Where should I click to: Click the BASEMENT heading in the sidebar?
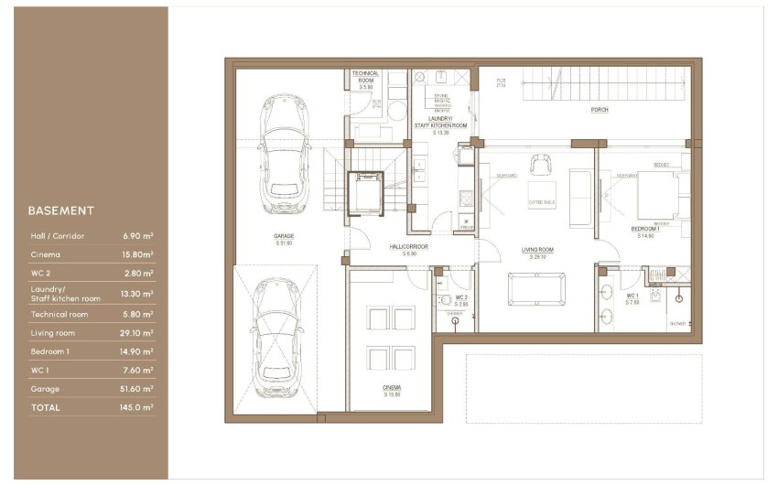(x=60, y=210)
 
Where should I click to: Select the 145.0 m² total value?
(x=138, y=407)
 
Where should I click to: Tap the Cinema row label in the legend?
(x=46, y=253)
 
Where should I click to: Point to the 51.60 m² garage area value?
(x=137, y=389)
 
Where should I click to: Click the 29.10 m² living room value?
(x=137, y=333)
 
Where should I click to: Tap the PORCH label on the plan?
(x=600, y=110)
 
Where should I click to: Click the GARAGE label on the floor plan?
(x=283, y=236)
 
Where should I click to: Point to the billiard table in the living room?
(x=535, y=291)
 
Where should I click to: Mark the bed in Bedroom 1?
(x=652, y=193)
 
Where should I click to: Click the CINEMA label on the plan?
(x=392, y=388)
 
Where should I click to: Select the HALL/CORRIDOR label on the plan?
(x=409, y=246)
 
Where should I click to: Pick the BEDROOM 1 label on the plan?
(x=644, y=228)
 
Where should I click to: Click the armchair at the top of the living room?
(x=542, y=164)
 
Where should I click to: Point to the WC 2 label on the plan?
(x=461, y=297)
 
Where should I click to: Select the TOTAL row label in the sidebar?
(x=45, y=407)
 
